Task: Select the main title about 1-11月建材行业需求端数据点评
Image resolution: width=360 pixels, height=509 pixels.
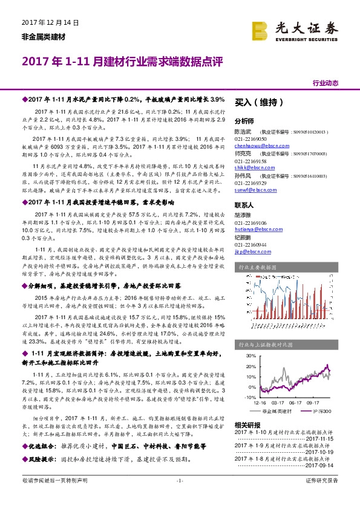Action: pyautogui.click(x=123, y=62)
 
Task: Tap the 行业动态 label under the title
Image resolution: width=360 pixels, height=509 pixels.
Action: pyautogui.click(x=326, y=83)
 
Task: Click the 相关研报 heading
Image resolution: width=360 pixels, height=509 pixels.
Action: pyautogui.click(x=247, y=425)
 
